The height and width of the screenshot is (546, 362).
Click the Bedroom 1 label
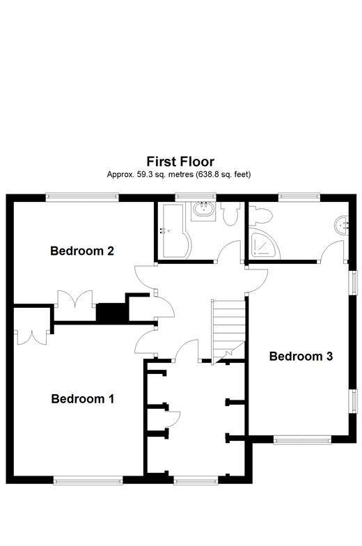point(82,399)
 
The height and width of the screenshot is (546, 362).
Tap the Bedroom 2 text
point(82,251)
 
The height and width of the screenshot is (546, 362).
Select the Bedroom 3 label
point(301,357)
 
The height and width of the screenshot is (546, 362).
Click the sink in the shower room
point(341,224)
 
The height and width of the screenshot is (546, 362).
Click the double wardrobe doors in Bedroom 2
point(76,300)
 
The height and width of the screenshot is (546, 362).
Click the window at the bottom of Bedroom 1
point(88,479)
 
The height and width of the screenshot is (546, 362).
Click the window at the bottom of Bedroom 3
point(301,439)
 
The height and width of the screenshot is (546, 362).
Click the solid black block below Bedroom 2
point(108,312)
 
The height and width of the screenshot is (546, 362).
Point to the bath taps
point(164,230)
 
